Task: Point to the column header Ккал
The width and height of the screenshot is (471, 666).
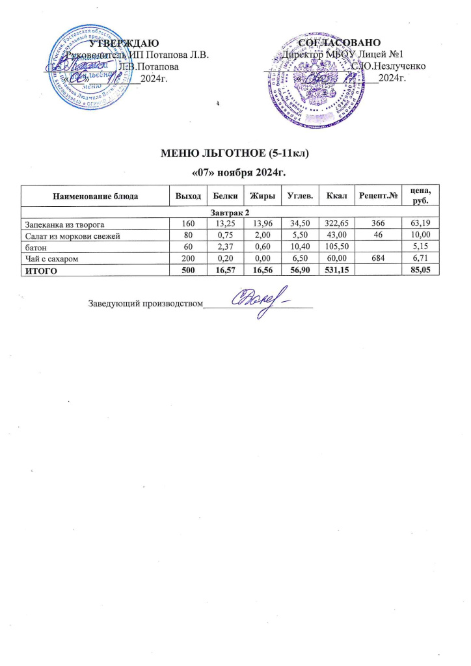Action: (336, 195)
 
